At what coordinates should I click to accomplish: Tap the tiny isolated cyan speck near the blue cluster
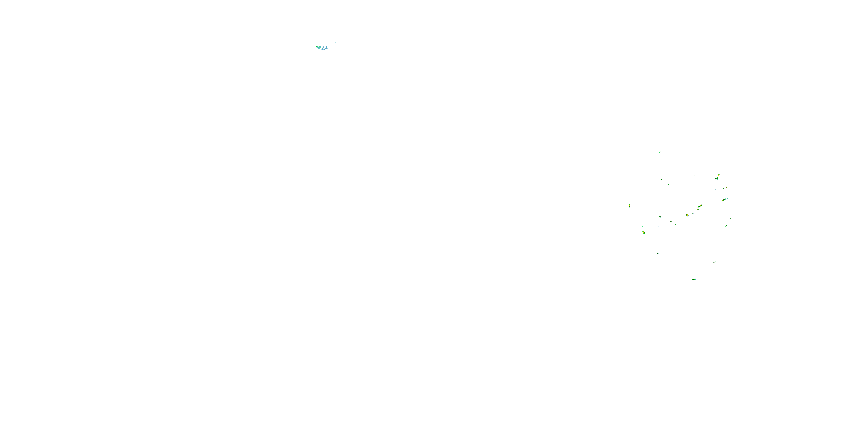tap(336, 43)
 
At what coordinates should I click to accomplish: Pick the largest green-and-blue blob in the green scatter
tap(716, 178)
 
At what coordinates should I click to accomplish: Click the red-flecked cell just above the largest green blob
tap(719, 175)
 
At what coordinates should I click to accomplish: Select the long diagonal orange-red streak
tap(700, 206)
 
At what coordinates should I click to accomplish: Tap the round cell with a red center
tap(687, 215)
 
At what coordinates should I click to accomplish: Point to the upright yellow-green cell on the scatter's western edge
tap(629, 206)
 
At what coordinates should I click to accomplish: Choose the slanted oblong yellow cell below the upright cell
tap(643, 233)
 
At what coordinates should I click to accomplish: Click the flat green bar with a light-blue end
tap(694, 279)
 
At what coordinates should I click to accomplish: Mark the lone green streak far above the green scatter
tap(660, 152)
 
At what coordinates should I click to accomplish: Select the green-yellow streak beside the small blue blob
tap(724, 200)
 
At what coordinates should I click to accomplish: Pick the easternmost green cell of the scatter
tap(731, 219)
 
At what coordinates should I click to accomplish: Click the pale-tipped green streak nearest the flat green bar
tap(715, 262)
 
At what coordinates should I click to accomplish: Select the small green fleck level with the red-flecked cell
tap(694, 176)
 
